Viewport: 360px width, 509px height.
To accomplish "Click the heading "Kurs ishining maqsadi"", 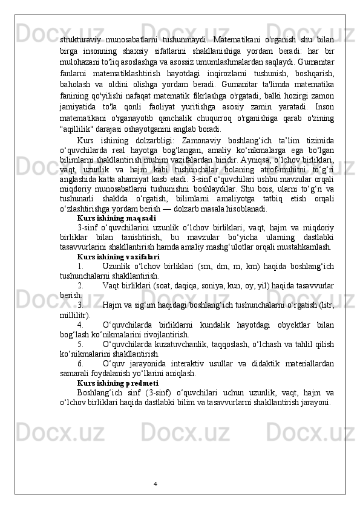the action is point(116,216).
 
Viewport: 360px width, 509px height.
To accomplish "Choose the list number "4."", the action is point(81,325).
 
